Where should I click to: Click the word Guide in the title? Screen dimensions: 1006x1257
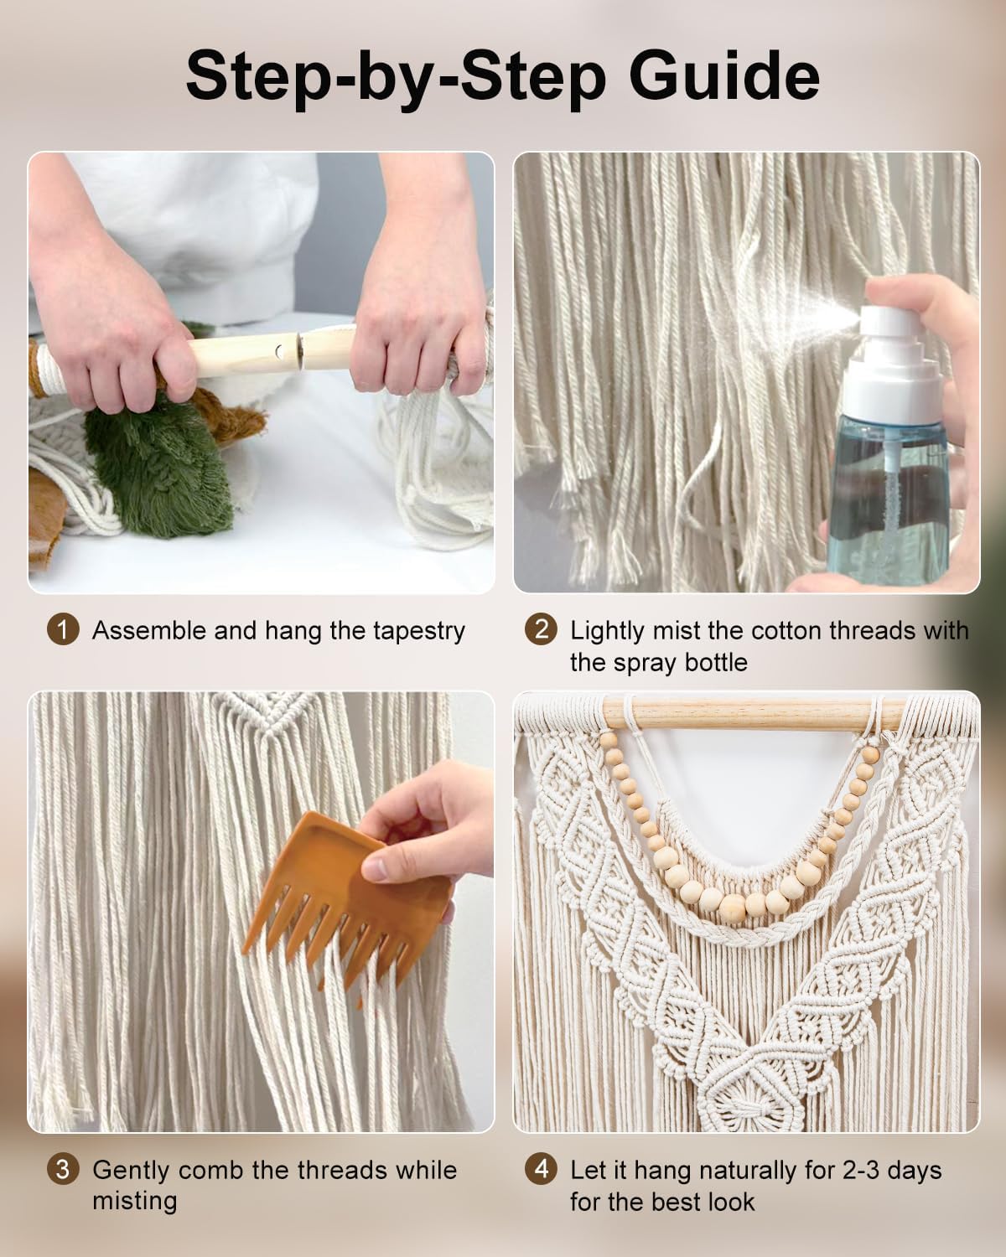(x=723, y=76)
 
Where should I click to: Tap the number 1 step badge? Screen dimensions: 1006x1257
(x=63, y=629)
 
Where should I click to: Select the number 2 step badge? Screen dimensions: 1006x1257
(x=541, y=629)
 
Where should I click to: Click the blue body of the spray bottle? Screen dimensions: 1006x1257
(x=889, y=496)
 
